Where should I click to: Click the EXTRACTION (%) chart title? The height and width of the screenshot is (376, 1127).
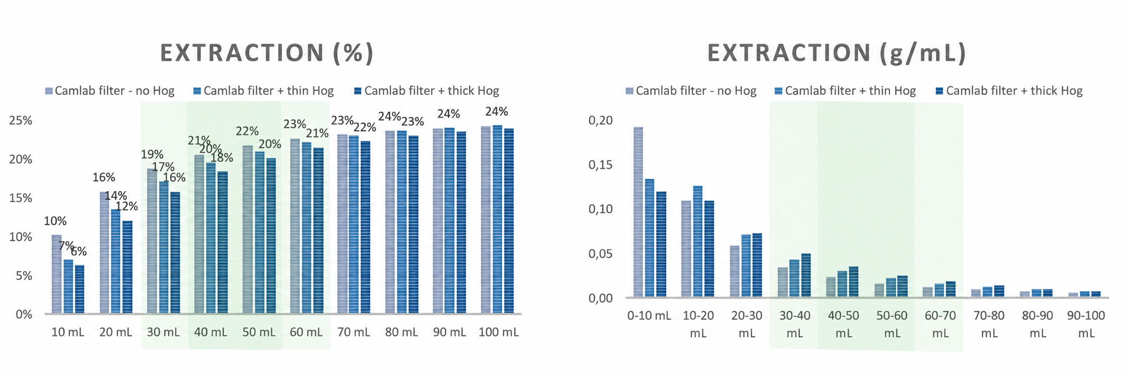pos(267,53)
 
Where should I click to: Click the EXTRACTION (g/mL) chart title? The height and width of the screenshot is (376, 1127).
pos(836,53)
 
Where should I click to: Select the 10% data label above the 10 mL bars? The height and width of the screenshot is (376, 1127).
pos(55,221)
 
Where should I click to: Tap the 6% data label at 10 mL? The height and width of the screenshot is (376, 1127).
pos(79,252)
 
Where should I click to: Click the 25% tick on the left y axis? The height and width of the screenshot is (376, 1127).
pos(21,120)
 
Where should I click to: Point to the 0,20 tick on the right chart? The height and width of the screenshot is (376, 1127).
pos(600,120)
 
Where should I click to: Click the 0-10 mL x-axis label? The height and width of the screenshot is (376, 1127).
pos(649,315)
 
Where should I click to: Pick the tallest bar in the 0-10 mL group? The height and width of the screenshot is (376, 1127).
pos(638,212)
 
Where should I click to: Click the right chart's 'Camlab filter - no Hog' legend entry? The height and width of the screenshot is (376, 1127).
pos(691,91)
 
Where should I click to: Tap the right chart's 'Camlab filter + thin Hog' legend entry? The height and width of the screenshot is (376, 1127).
pos(845,91)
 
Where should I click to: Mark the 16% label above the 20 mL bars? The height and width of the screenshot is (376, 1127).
pos(104,178)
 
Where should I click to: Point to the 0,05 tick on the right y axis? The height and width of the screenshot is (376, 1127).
pos(600,254)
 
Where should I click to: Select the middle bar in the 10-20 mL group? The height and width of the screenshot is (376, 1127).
pos(697,242)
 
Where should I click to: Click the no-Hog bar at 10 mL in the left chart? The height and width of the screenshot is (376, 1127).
pos(57,274)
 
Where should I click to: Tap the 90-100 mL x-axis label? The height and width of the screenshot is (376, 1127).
pos(1086,324)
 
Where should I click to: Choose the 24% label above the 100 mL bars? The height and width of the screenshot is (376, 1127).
pos(497,112)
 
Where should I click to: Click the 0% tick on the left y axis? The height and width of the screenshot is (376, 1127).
pos(24,315)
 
